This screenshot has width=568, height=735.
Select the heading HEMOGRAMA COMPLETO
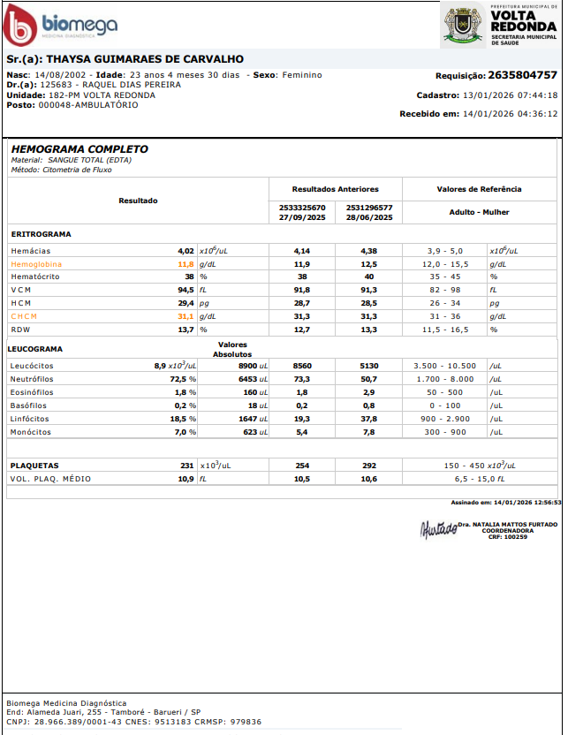(80, 149)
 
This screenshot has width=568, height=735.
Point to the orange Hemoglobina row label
(36, 264)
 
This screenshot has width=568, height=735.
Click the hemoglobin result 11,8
(186, 264)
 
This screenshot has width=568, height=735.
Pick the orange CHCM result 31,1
(186, 316)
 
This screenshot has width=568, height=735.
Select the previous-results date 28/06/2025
(369, 217)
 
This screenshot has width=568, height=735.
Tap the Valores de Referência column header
(479, 189)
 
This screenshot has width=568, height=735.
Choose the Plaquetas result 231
(186, 465)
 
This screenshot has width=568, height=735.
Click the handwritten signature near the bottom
(438, 530)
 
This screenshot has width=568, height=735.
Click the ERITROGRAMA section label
(41, 234)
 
